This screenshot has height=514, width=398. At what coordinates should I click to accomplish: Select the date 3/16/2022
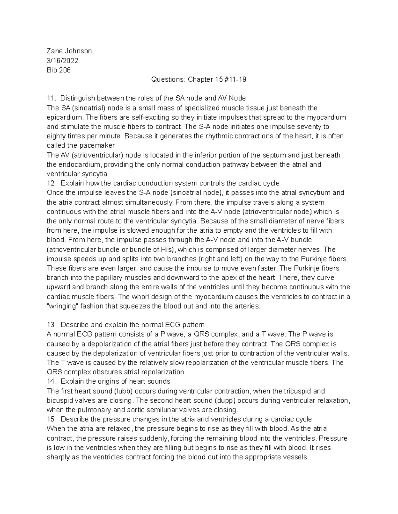coord(63,61)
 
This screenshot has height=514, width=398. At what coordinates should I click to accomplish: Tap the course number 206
coord(64,70)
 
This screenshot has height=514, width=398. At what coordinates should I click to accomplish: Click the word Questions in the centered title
coord(168,79)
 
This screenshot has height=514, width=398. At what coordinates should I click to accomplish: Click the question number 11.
coord(51,98)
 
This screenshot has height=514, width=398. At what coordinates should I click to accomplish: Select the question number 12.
coord(51,183)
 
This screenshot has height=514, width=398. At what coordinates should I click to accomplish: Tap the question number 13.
coord(51,325)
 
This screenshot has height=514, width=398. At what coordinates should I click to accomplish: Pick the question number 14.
coord(51,381)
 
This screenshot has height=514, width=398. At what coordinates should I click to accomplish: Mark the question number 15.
coord(51,419)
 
